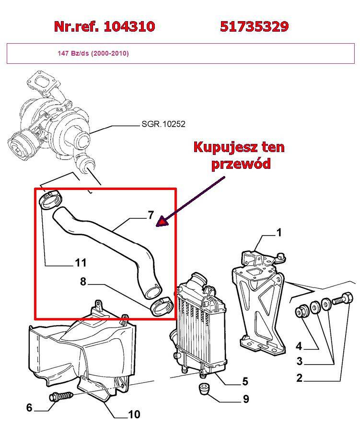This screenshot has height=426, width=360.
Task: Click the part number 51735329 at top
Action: pyautogui.click(x=254, y=26)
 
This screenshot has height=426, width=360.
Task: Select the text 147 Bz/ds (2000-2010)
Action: pyautogui.click(x=93, y=53)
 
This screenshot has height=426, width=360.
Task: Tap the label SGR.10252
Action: pyautogui.click(x=163, y=124)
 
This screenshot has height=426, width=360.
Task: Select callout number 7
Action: pyautogui.click(x=151, y=215)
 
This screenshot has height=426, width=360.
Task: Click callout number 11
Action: pyautogui.click(x=80, y=262)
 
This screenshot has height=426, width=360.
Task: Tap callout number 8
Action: pyautogui.click(x=83, y=282)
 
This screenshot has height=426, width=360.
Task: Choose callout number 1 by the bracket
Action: pyautogui.click(x=279, y=233)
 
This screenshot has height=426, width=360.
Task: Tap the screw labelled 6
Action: pyautogui.click(x=60, y=397)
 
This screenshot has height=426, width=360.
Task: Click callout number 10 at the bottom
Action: pyautogui.click(x=134, y=414)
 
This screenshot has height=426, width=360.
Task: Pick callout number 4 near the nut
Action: pyautogui.click(x=299, y=346)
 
